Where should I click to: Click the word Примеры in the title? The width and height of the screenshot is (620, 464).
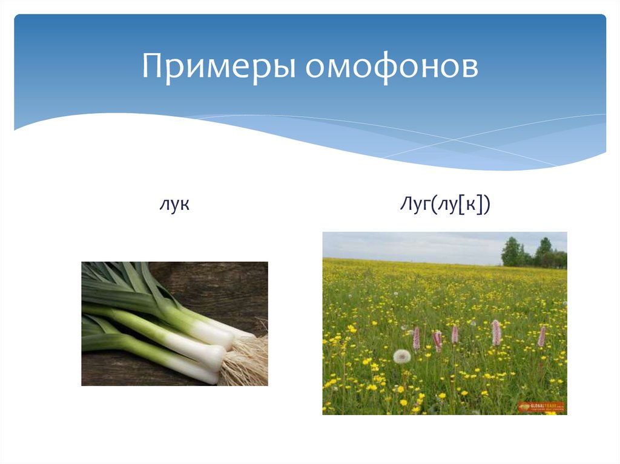pyautogui.click(x=219, y=68)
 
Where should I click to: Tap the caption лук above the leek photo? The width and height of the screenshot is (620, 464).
pyautogui.click(x=174, y=204)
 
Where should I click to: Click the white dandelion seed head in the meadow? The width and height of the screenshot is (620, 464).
pyautogui.click(x=401, y=356)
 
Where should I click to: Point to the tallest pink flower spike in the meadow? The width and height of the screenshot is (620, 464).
pyautogui.click(x=496, y=332)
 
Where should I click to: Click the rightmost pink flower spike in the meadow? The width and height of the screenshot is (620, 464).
pyautogui.click(x=542, y=336)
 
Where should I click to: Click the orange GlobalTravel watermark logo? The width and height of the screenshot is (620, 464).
pyautogui.click(x=541, y=407)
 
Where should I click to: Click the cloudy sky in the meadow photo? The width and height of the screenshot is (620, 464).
pyautogui.click(x=412, y=245)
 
